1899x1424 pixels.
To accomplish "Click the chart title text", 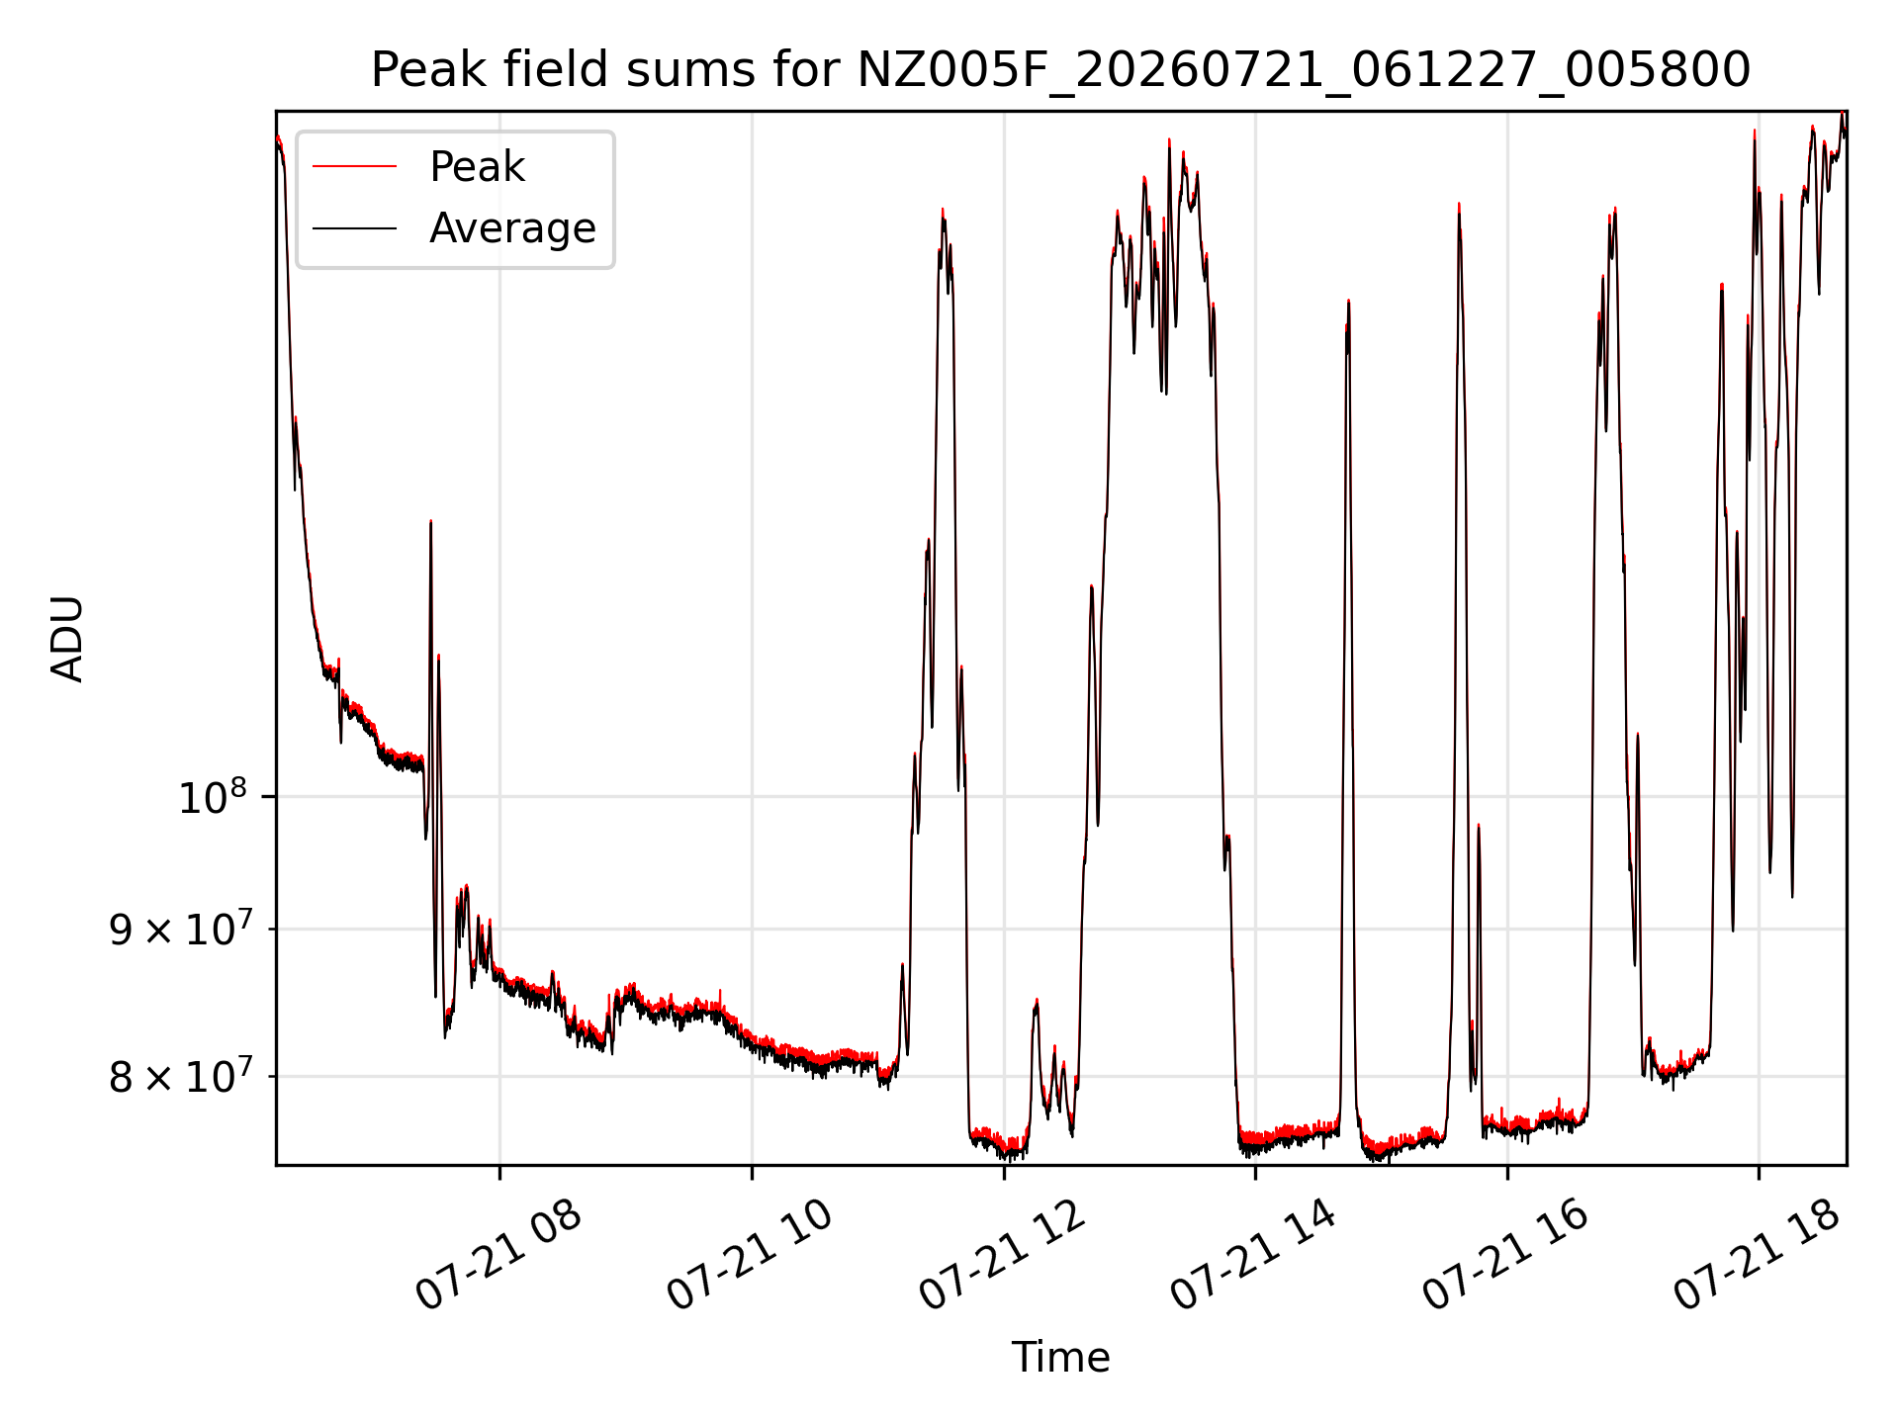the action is click(1060, 70).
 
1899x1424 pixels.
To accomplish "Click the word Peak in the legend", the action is click(477, 167).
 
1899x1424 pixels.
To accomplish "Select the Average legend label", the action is click(512, 228).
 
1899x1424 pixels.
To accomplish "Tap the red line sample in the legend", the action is click(354, 167).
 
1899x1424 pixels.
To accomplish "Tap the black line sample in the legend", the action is click(354, 228).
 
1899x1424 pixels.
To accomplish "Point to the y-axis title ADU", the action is click(67, 639).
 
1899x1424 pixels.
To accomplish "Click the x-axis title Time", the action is click(1060, 1358).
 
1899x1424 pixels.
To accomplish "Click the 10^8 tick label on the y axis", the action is click(212, 796).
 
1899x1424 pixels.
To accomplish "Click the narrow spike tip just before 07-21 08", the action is click(430, 521).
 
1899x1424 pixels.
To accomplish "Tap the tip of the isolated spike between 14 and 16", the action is click(1348, 301).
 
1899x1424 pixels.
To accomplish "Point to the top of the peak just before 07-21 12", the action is click(943, 210).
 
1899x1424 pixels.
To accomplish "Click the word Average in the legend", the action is click(512, 228).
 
